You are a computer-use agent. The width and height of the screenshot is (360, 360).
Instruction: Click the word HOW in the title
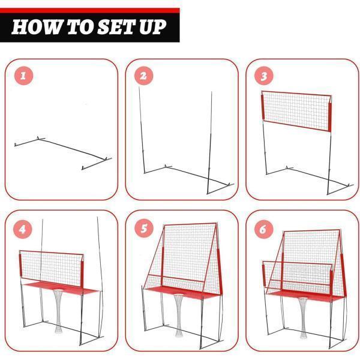[36, 27]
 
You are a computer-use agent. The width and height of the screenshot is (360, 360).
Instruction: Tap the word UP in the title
[152, 27]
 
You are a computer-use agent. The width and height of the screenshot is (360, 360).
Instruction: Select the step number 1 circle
[23, 76]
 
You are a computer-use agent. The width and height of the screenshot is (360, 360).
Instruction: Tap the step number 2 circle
[144, 76]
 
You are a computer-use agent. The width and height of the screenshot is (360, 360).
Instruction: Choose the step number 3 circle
[264, 76]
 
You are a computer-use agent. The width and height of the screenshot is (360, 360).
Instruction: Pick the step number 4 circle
[23, 229]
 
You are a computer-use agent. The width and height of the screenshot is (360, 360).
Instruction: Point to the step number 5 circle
[144, 228]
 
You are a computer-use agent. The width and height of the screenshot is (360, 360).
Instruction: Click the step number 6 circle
[264, 229]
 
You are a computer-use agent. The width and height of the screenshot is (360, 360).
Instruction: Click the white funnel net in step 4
[58, 311]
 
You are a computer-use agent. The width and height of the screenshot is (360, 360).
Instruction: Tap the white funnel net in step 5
[179, 315]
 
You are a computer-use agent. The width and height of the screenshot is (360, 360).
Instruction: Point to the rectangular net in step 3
[296, 112]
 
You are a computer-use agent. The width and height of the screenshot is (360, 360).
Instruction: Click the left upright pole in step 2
[142, 130]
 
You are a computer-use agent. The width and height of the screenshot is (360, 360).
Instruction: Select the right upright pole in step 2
[209, 143]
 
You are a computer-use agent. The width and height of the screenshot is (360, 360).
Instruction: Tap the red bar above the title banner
[90, 11]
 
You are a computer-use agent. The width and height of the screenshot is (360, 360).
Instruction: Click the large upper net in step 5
[190, 255]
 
